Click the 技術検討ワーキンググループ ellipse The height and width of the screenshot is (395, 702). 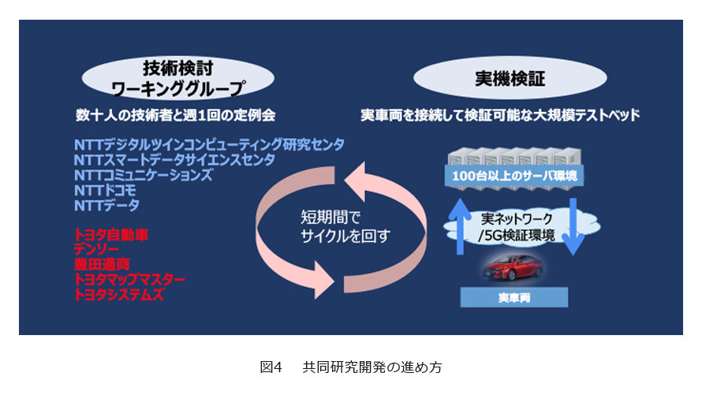click(x=177, y=78)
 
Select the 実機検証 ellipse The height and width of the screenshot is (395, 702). click(x=510, y=78)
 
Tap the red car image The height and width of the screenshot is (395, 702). click(x=513, y=268)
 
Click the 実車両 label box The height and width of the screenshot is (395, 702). click(x=514, y=297)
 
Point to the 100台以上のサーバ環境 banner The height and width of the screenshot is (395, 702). click(x=514, y=175)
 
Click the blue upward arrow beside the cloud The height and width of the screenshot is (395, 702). click(x=460, y=226)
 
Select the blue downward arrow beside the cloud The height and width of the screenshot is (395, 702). click(x=573, y=227)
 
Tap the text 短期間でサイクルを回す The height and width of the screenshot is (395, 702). click(x=345, y=227)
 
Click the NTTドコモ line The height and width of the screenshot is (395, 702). click(x=105, y=190)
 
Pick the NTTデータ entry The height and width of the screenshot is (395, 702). click(x=106, y=205)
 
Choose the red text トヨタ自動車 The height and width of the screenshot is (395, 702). click(x=110, y=235)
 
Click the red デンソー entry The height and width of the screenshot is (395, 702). click(x=95, y=249)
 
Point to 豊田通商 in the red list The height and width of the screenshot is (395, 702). click(x=102, y=264)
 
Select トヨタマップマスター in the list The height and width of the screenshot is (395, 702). click(x=129, y=279)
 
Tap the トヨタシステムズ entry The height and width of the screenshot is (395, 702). click(x=118, y=294)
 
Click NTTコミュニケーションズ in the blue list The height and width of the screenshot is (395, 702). click(x=144, y=175)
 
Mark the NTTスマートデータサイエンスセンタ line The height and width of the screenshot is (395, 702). click(x=174, y=160)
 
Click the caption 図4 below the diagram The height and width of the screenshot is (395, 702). click(x=271, y=367)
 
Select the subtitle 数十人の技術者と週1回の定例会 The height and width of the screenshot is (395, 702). click(x=175, y=115)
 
